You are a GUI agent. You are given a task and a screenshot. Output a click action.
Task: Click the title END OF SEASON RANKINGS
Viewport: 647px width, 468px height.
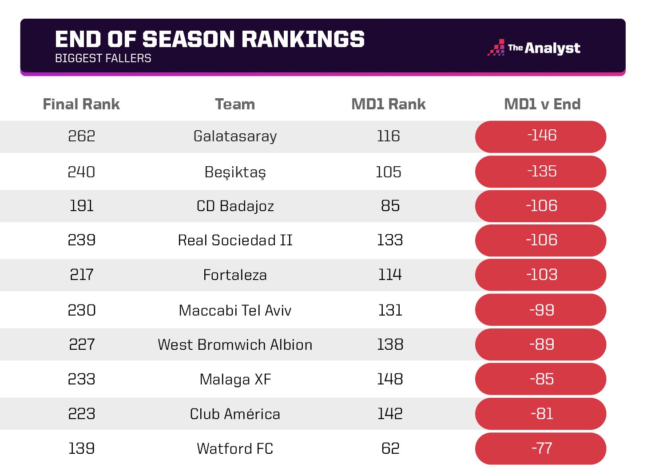point(210,39)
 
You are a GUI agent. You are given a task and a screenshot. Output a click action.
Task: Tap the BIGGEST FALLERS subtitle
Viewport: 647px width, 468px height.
point(103,58)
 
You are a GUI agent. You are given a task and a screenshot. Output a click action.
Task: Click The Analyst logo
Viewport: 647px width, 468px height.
point(534,48)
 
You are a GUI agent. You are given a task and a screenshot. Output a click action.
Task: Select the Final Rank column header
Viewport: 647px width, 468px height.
point(81,104)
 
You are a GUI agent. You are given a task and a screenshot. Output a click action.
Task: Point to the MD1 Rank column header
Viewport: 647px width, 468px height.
point(388,104)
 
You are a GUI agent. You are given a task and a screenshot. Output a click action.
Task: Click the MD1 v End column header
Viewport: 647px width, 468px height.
point(542,104)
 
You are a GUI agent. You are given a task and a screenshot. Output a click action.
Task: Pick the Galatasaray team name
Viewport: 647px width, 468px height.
point(235,136)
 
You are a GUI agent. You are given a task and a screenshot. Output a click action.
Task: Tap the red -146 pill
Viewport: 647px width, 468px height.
point(541,136)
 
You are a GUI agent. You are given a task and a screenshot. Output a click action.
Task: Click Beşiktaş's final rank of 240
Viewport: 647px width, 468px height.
point(81,172)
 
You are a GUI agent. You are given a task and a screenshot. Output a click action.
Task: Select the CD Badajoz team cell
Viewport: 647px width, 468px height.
point(235,206)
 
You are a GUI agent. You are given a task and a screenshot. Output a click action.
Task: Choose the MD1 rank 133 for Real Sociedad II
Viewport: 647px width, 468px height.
point(389,240)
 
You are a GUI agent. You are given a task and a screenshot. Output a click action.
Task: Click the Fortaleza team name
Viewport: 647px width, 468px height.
point(235,275)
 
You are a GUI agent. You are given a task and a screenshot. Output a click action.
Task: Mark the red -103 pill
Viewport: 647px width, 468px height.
point(541,275)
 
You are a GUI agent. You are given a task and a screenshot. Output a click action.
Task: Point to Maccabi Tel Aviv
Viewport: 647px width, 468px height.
point(235,310)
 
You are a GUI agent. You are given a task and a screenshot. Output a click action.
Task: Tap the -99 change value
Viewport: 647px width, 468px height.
point(541,310)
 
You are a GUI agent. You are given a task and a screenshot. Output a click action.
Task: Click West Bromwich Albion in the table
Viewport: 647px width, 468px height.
point(235,345)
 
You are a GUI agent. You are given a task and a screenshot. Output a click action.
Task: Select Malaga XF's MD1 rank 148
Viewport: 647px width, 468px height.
point(389,379)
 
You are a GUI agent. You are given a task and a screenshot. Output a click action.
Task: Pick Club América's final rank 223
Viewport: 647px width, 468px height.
point(81,414)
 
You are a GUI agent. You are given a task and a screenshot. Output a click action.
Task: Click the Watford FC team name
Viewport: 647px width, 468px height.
point(235,448)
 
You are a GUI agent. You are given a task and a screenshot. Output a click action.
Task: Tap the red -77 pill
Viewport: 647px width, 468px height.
point(541,448)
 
